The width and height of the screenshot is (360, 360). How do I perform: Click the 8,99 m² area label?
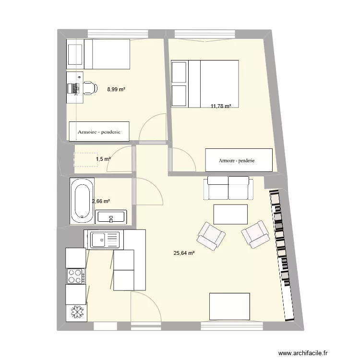116,89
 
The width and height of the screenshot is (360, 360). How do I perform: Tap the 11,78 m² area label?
221,106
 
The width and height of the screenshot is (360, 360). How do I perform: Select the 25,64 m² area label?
184,253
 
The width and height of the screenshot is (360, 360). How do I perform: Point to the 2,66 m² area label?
101,201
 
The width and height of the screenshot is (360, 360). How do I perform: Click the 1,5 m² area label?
103,159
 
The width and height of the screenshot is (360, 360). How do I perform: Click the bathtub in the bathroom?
82,201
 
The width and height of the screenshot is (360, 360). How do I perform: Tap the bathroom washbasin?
111,217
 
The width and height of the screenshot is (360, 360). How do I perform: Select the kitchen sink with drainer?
105,240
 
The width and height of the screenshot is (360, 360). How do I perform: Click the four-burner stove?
76,276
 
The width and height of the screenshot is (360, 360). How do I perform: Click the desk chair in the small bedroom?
90,88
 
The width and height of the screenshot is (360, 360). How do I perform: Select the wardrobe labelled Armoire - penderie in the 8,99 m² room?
99,132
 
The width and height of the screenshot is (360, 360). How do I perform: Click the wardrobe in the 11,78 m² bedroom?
239,160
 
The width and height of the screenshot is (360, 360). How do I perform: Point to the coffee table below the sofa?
230,215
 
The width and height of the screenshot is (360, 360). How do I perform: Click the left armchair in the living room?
211,236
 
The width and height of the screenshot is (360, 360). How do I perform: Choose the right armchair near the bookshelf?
255,234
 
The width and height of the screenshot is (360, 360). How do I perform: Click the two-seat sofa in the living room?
228,188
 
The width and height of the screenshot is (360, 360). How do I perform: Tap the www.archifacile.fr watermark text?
303,353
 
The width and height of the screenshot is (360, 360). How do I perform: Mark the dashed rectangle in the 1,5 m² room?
85,159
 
